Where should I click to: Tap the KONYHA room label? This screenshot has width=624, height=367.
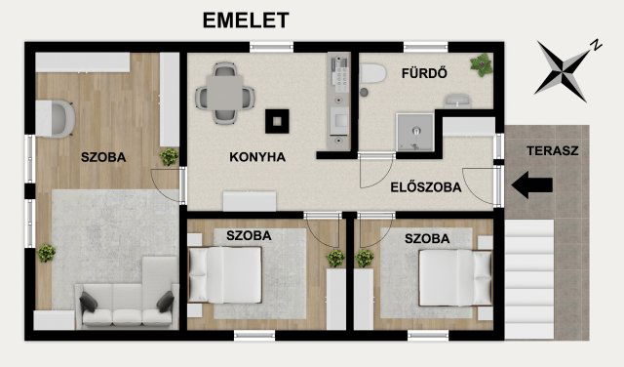[256, 156]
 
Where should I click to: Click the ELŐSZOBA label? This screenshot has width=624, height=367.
[425, 187]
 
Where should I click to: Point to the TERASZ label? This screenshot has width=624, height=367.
[552, 151]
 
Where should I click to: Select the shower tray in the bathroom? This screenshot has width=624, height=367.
[413, 130]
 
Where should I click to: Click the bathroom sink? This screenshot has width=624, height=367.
[457, 99]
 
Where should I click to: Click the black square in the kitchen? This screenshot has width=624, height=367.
[279, 121]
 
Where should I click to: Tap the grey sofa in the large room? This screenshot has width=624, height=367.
[127, 305]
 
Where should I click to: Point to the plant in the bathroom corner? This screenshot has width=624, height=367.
[480, 64]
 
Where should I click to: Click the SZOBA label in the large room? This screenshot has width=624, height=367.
[103, 156]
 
